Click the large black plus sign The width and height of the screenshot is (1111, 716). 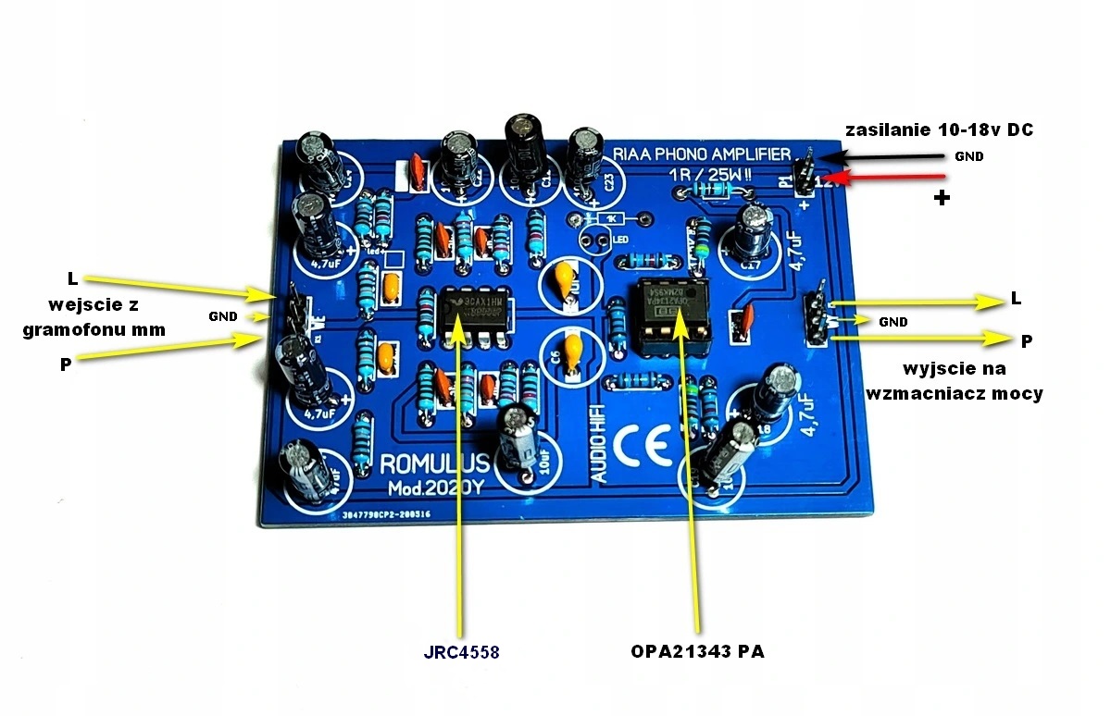tap(942, 198)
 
